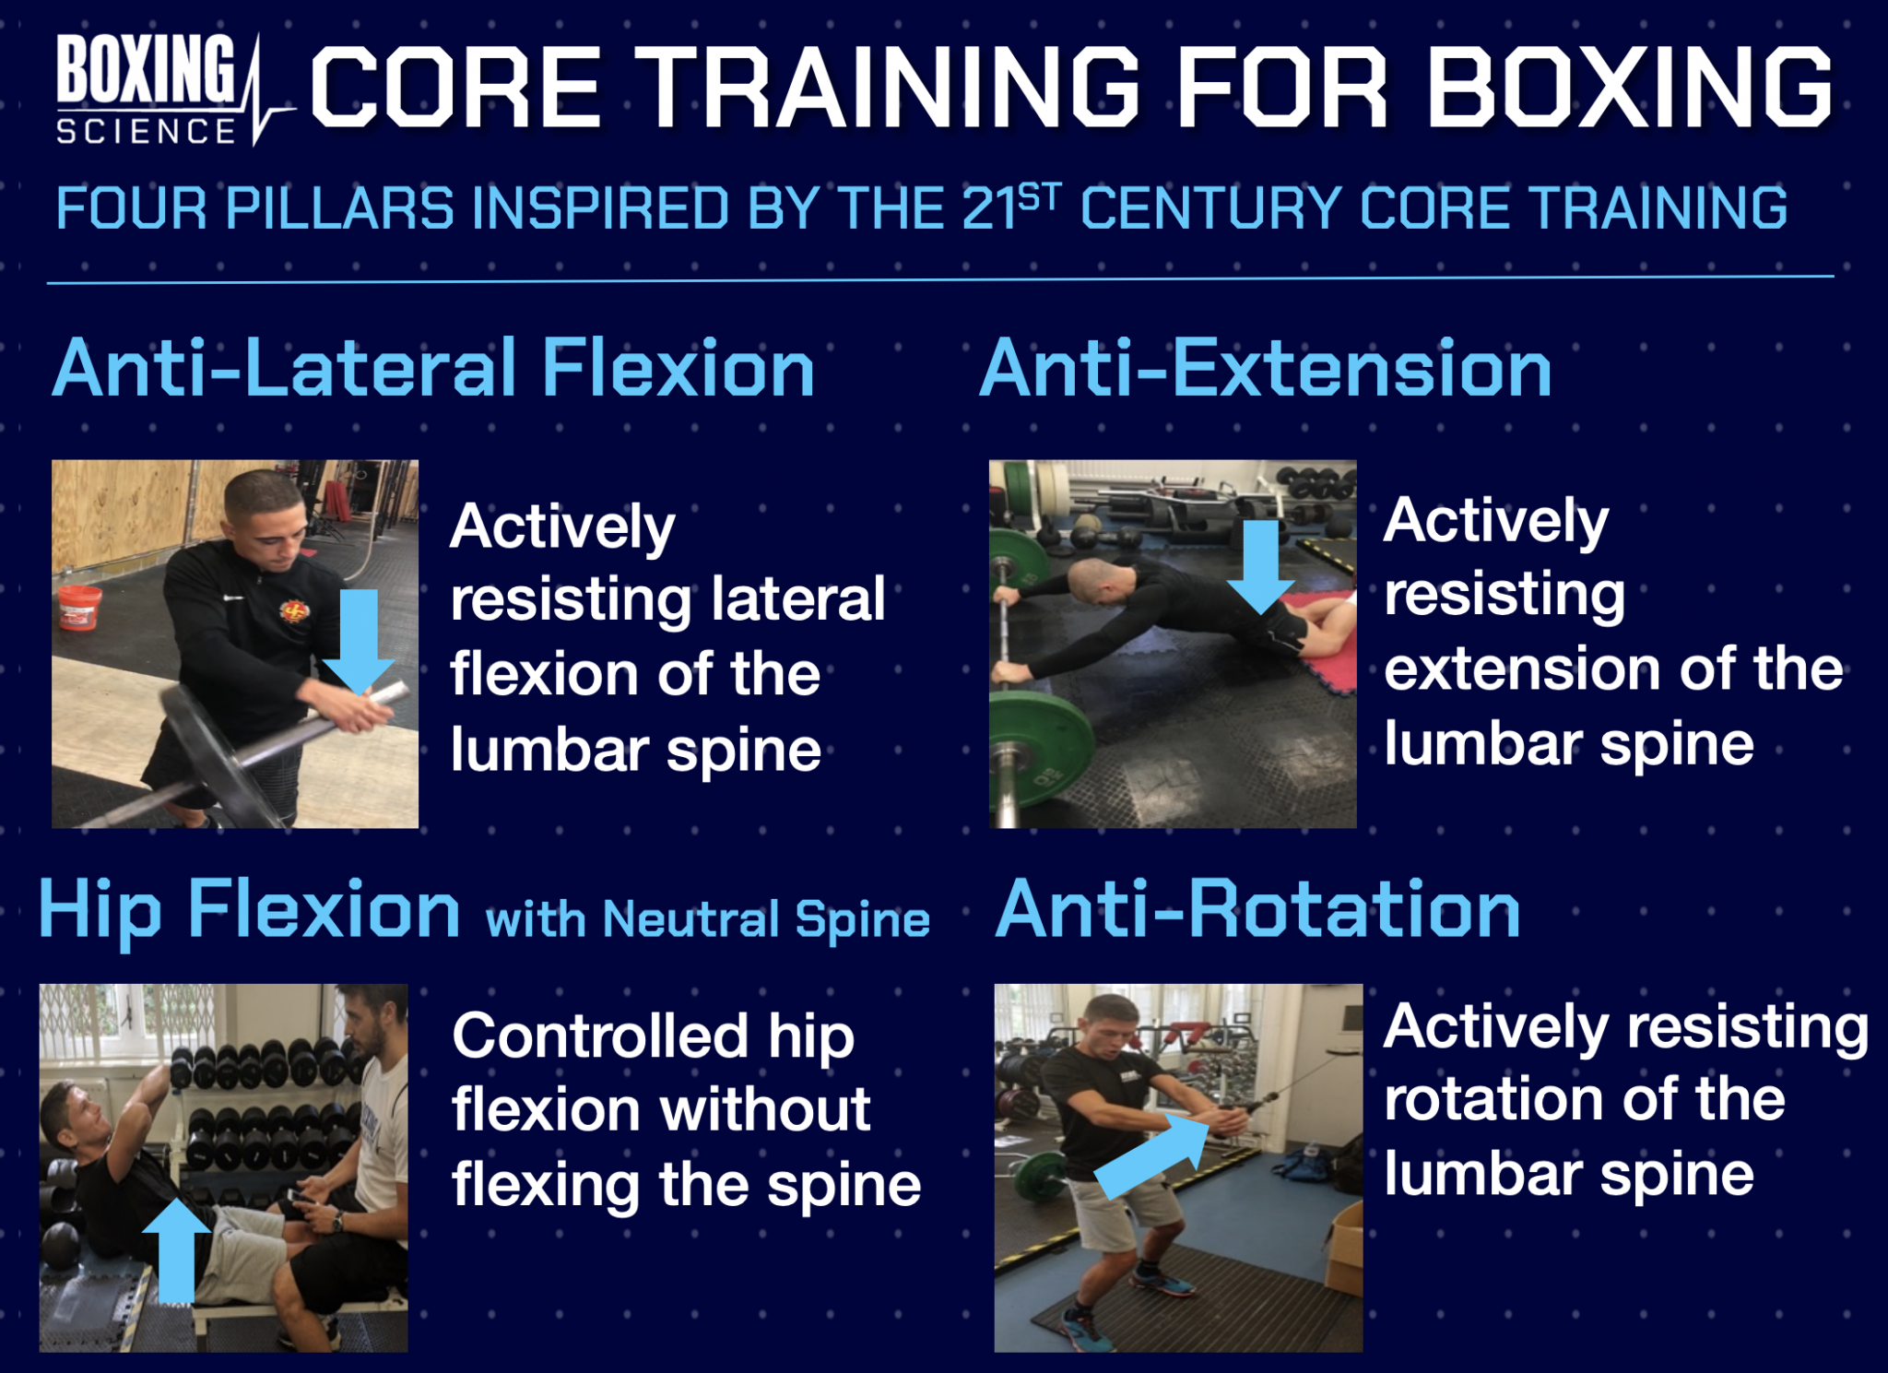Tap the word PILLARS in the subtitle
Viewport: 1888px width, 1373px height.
pos(339,208)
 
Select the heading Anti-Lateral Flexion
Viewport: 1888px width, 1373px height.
pos(433,369)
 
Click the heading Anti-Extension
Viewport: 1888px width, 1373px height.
pos(1265,369)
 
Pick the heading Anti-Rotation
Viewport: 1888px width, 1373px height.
pos(1257,910)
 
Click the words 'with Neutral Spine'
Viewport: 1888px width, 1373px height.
pos(708,920)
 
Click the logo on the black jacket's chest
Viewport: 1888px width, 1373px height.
pos(294,610)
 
